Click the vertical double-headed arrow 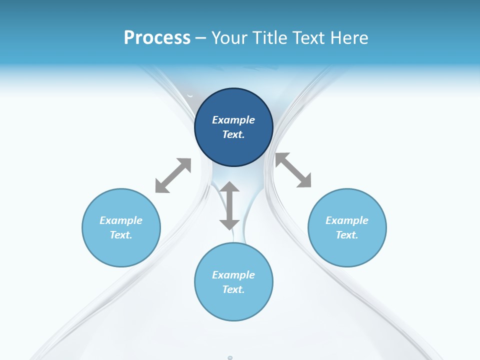pos(229,205)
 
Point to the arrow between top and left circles pos(173,175)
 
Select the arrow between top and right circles pos(293,170)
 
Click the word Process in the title pos(157,38)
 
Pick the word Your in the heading pos(230,38)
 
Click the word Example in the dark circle pos(233,120)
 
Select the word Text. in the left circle pos(121,235)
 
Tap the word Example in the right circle pos(347,220)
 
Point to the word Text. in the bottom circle pos(233,289)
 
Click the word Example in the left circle pos(121,220)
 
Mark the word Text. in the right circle pos(347,235)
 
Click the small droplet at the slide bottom pos(230,358)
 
